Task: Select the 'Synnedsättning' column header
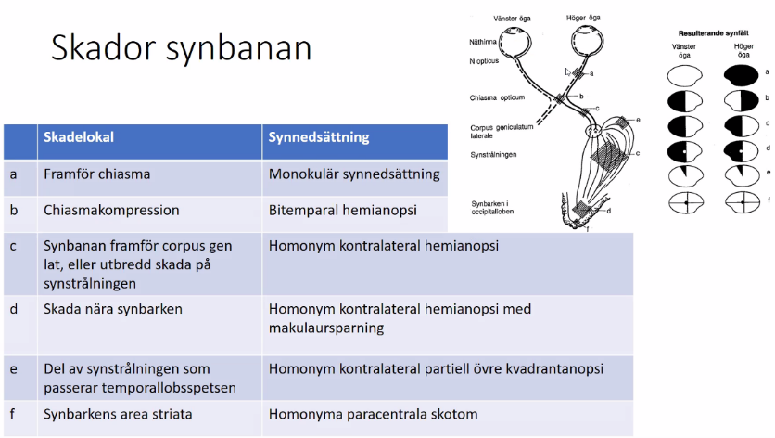coord(319,137)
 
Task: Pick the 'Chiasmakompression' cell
coord(111,210)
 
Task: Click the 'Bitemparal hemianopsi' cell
coord(342,210)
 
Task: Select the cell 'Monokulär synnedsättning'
coord(354,174)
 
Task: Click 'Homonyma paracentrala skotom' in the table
coord(374,414)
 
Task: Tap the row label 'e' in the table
coord(14,368)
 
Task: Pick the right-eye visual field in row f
coord(743,200)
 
